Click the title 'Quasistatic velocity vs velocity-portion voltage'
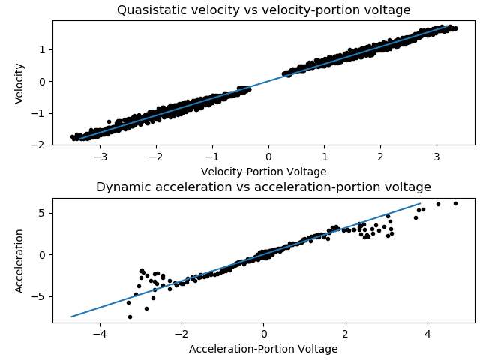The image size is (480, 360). [x=263, y=10]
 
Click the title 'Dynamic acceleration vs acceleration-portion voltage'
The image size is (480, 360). [x=263, y=187]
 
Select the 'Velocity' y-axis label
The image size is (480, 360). [x=20, y=82]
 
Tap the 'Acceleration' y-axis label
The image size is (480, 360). [x=20, y=260]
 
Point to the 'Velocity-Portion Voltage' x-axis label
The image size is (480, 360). [x=263, y=172]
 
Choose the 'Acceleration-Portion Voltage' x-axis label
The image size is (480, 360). [x=263, y=349]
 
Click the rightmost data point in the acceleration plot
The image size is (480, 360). [x=455, y=203]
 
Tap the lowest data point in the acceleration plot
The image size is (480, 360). [x=130, y=316]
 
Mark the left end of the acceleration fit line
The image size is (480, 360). [x=72, y=316]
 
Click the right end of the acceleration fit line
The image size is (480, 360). [x=420, y=203]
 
